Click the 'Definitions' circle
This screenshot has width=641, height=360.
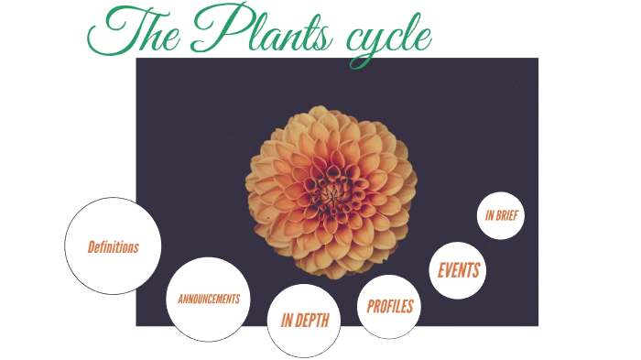pos(114,246)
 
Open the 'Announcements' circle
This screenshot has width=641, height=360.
pos(209,300)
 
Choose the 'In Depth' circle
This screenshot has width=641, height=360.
pos(304,320)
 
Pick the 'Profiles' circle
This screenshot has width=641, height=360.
pos(390,306)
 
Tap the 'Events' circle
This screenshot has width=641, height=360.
pos(458,270)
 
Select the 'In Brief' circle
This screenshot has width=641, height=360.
pos(502,216)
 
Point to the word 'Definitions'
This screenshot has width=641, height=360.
pos(114,247)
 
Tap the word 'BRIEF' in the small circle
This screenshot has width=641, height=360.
pos(508,216)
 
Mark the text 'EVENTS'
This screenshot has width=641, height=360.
pos(459,270)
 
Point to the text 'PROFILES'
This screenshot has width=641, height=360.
pos(390,306)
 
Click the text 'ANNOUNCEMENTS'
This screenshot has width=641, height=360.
pos(209,300)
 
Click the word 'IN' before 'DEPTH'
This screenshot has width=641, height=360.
pos(287,321)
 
